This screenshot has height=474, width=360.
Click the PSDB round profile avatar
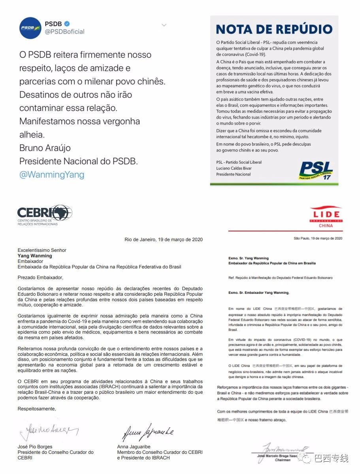(x=30, y=28)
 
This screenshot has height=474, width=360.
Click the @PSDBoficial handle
(x=64, y=32)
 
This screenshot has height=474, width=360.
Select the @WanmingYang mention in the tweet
(x=52, y=174)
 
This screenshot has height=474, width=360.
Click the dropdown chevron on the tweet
(x=164, y=25)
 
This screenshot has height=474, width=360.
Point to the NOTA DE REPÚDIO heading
(x=274, y=29)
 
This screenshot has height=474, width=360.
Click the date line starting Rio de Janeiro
(x=164, y=240)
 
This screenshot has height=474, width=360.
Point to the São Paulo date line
(x=318, y=238)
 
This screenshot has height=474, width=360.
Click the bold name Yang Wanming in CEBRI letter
(x=35, y=256)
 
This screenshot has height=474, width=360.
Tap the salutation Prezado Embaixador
(x=40, y=278)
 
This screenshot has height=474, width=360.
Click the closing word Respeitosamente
(x=37, y=409)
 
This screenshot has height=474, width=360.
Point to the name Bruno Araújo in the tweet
(x=45, y=148)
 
